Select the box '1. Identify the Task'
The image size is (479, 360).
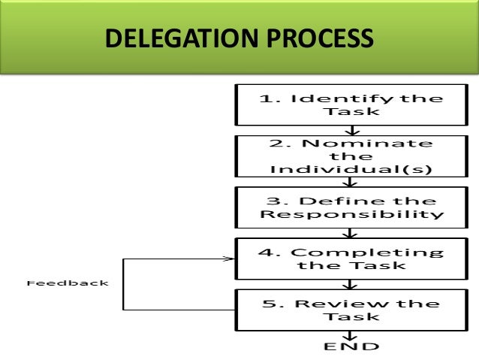(351, 105)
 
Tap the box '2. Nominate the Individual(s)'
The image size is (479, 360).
(351, 156)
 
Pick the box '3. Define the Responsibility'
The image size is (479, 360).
(351, 207)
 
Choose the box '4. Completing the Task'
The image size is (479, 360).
(351, 259)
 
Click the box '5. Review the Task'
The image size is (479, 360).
(351, 310)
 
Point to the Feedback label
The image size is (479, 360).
(68, 283)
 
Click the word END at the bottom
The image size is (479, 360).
(351, 346)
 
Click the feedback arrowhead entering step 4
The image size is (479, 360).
(229, 259)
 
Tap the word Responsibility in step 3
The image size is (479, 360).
(351, 214)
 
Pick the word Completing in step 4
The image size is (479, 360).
(367, 252)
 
